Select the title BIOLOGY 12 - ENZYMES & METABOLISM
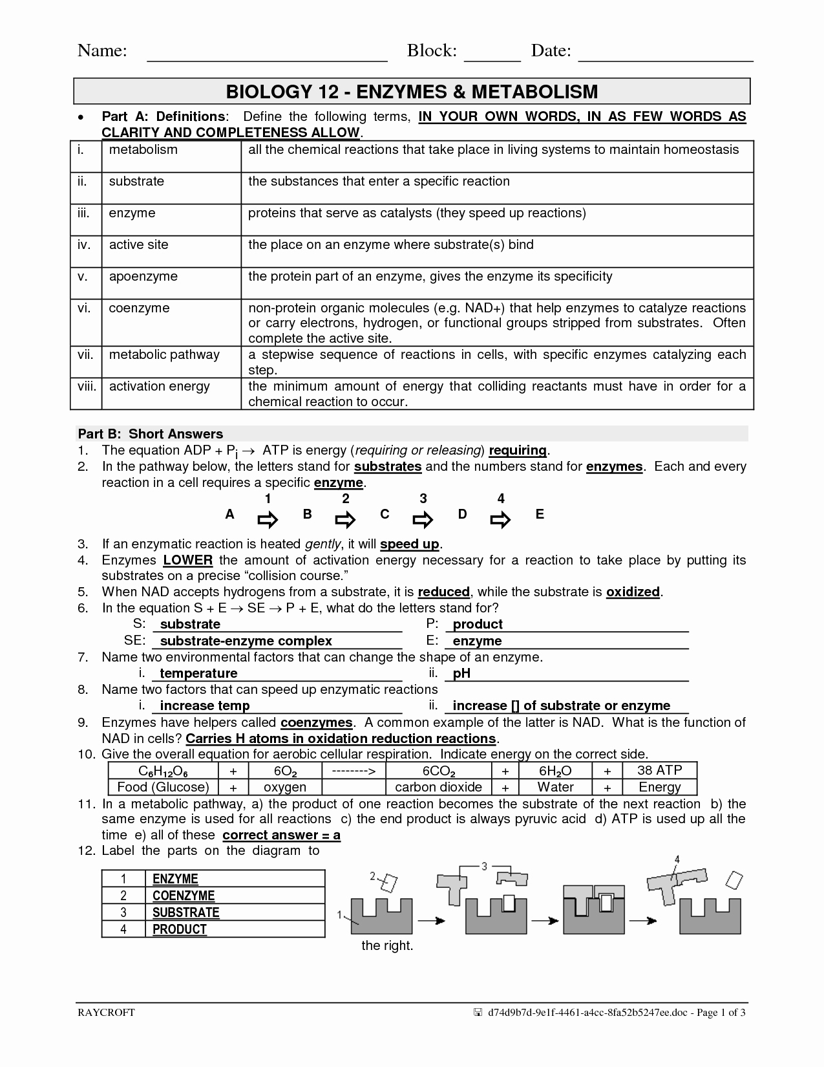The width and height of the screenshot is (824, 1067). (412, 91)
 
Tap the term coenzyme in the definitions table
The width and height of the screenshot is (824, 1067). (139, 308)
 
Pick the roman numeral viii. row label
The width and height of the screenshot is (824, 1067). (87, 387)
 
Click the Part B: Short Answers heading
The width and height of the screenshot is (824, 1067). (150, 434)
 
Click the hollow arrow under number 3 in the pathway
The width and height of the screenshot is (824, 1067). (423, 520)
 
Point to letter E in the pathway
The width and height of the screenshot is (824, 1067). (540, 515)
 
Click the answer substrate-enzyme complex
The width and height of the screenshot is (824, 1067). (246, 641)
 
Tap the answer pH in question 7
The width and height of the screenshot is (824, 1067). (461, 673)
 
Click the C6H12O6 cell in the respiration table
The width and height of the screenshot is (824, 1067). (163, 771)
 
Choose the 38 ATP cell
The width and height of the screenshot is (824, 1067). (659, 770)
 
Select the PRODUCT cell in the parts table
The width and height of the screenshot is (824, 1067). (180, 929)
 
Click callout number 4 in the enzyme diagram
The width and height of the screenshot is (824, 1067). (677, 859)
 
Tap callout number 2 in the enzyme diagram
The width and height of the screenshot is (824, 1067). (372, 876)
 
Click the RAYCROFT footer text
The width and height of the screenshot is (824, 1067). (106, 1031)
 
